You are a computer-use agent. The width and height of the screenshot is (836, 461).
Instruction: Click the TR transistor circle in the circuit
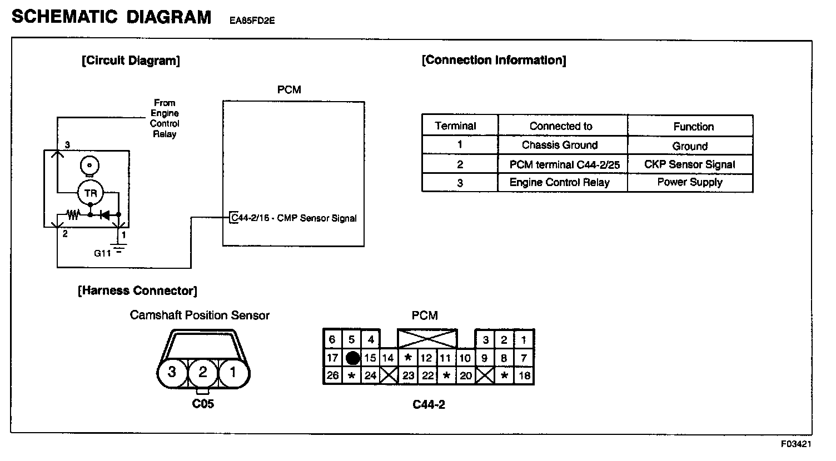[x=90, y=193]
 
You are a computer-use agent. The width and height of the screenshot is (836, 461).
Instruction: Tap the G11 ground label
[x=102, y=253]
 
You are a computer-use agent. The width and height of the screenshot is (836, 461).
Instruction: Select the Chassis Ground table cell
[x=560, y=146]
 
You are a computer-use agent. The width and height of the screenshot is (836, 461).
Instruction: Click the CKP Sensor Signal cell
[x=689, y=164]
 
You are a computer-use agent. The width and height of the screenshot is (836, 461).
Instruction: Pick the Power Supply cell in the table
[x=689, y=182]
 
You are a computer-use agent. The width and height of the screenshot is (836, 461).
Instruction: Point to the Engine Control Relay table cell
[x=560, y=182]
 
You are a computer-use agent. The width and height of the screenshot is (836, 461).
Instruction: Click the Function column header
[x=693, y=127]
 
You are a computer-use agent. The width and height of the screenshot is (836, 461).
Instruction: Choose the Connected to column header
[x=561, y=126]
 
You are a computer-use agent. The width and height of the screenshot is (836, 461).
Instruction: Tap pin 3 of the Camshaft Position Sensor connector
[x=172, y=372]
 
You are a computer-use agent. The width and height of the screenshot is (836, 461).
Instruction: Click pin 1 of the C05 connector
[x=233, y=372]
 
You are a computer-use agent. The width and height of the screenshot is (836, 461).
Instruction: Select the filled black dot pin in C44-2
[x=352, y=358]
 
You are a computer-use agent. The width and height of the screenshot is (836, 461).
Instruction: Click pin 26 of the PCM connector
[x=332, y=375]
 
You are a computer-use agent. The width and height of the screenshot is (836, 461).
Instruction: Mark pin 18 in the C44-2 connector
[x=524, y=375]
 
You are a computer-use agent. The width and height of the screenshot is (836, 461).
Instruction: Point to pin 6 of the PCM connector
[x=332, y=339]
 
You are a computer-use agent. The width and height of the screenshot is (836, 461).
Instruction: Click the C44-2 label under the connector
[x=429, y=404]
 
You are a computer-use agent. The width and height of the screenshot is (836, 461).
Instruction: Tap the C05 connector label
[x=203, y=404]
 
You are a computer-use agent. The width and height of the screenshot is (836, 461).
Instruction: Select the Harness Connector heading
[x=137, y=290]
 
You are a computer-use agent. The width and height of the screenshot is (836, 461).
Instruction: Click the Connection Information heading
[x=494, y=60]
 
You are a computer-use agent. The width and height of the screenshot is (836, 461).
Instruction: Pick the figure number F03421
[x=796, y=444]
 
